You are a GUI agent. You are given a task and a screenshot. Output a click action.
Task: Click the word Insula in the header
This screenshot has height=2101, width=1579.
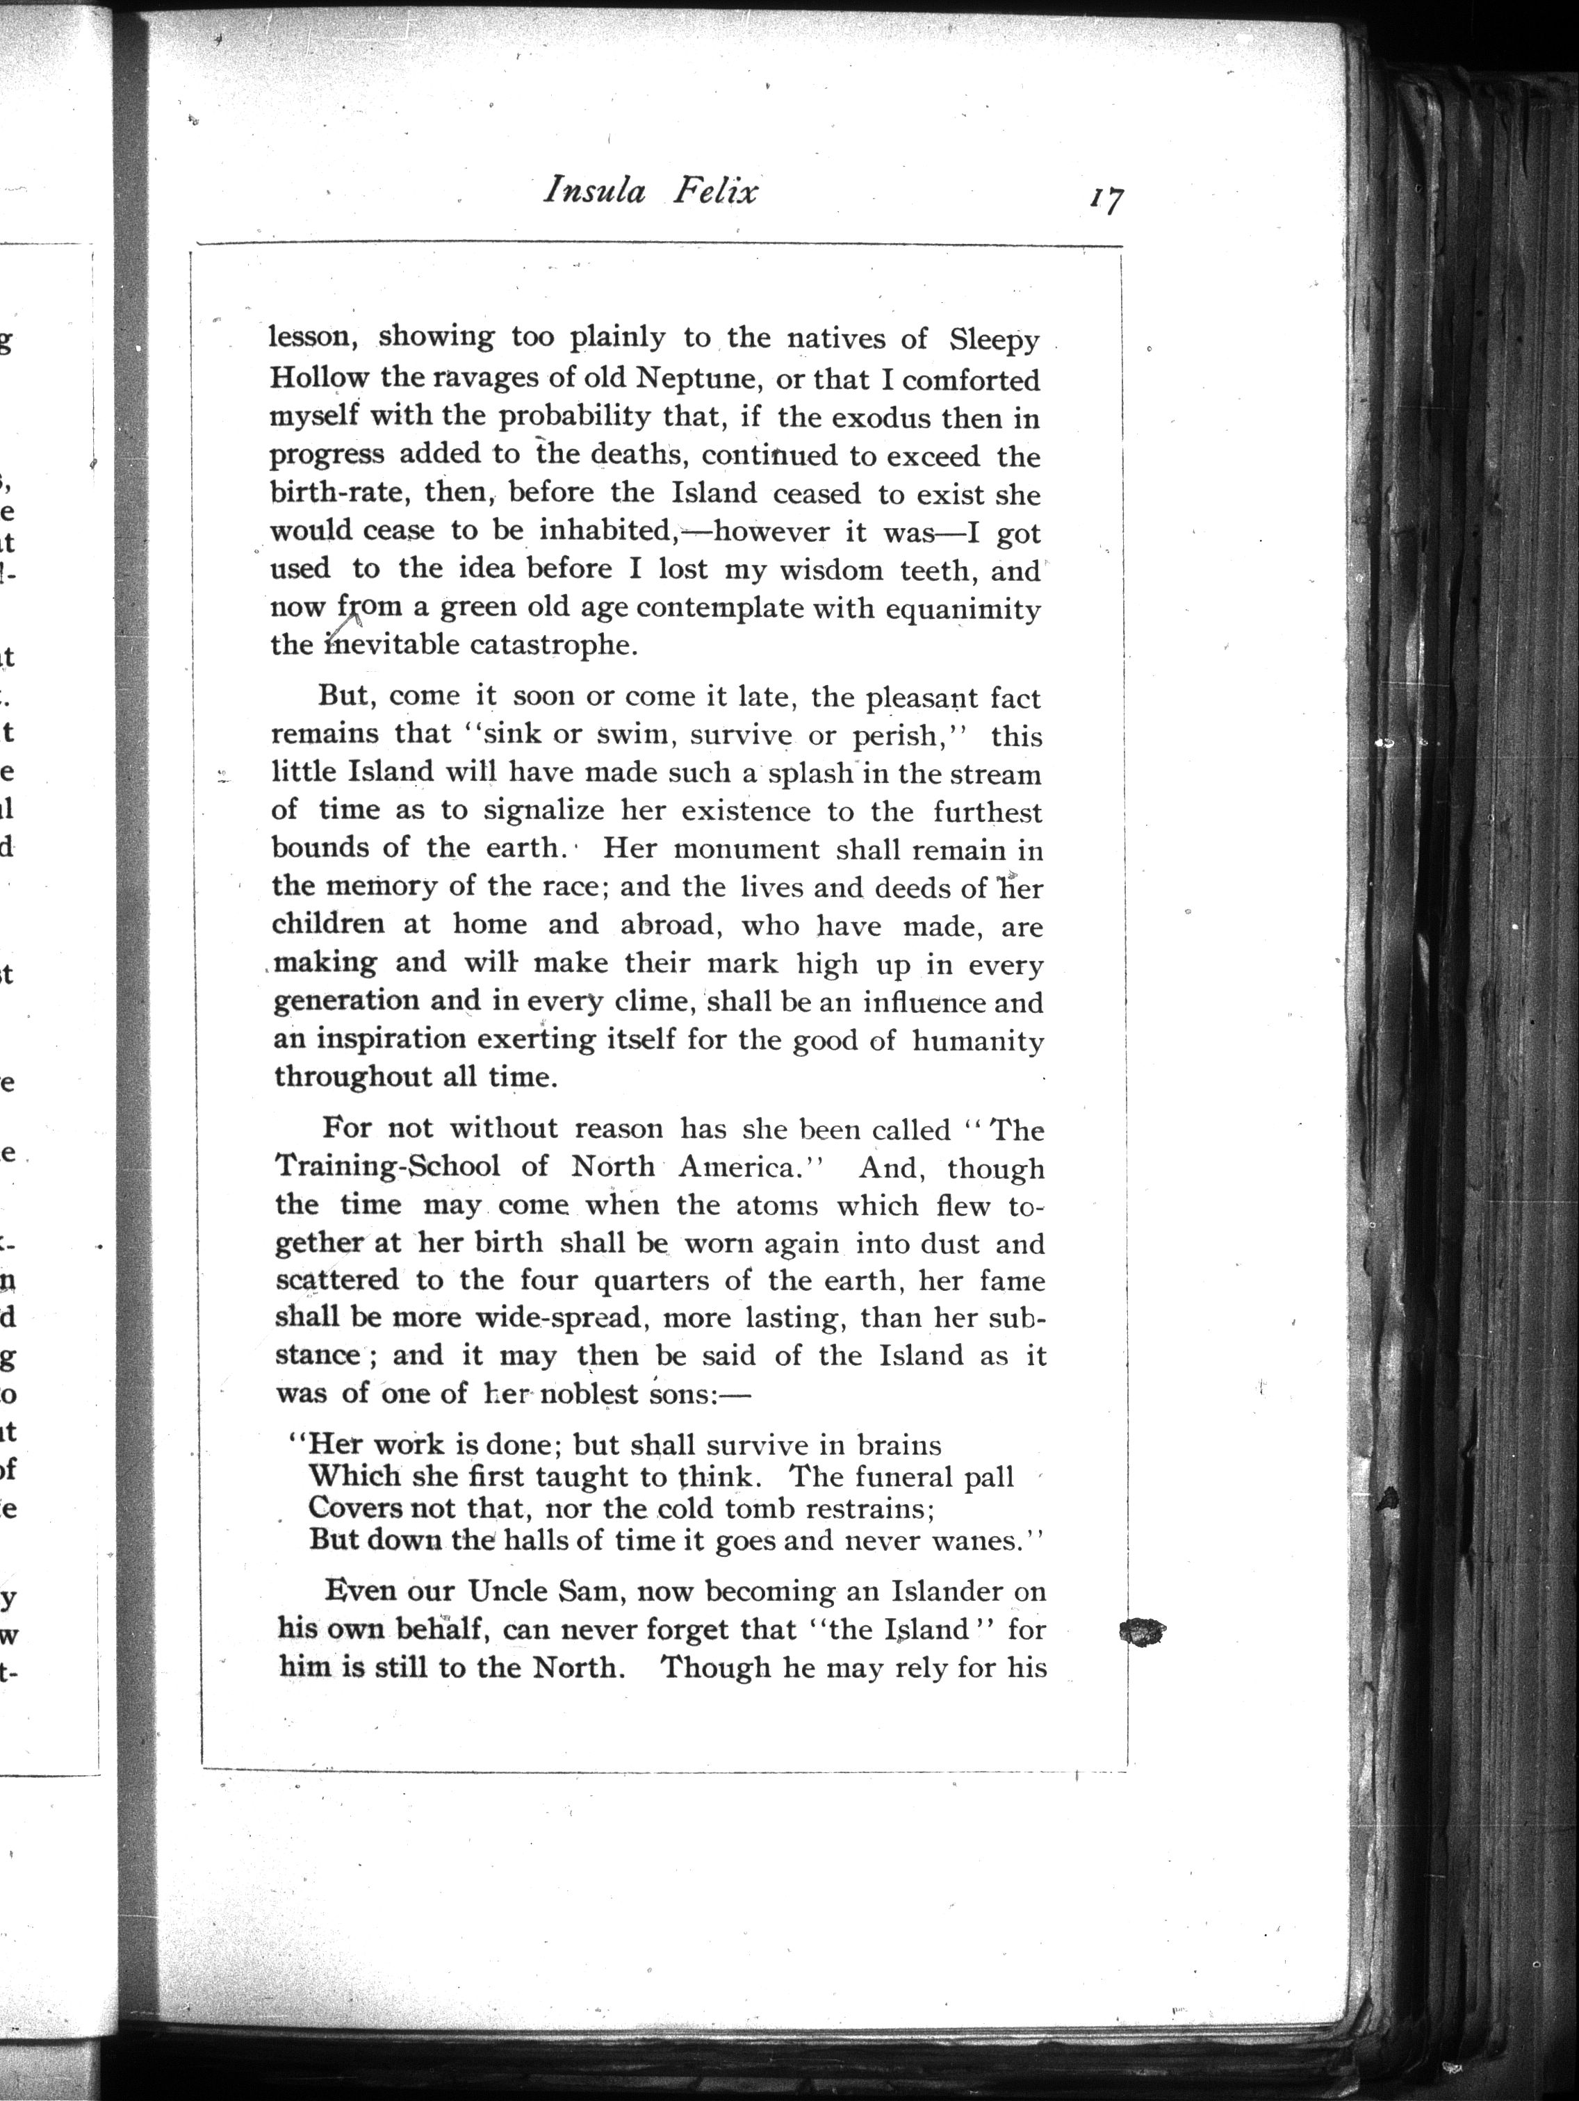(594, 191)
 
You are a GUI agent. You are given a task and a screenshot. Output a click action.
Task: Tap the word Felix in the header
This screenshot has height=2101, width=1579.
(715, 191)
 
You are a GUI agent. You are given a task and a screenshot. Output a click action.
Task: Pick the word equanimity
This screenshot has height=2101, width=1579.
(963, 608)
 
